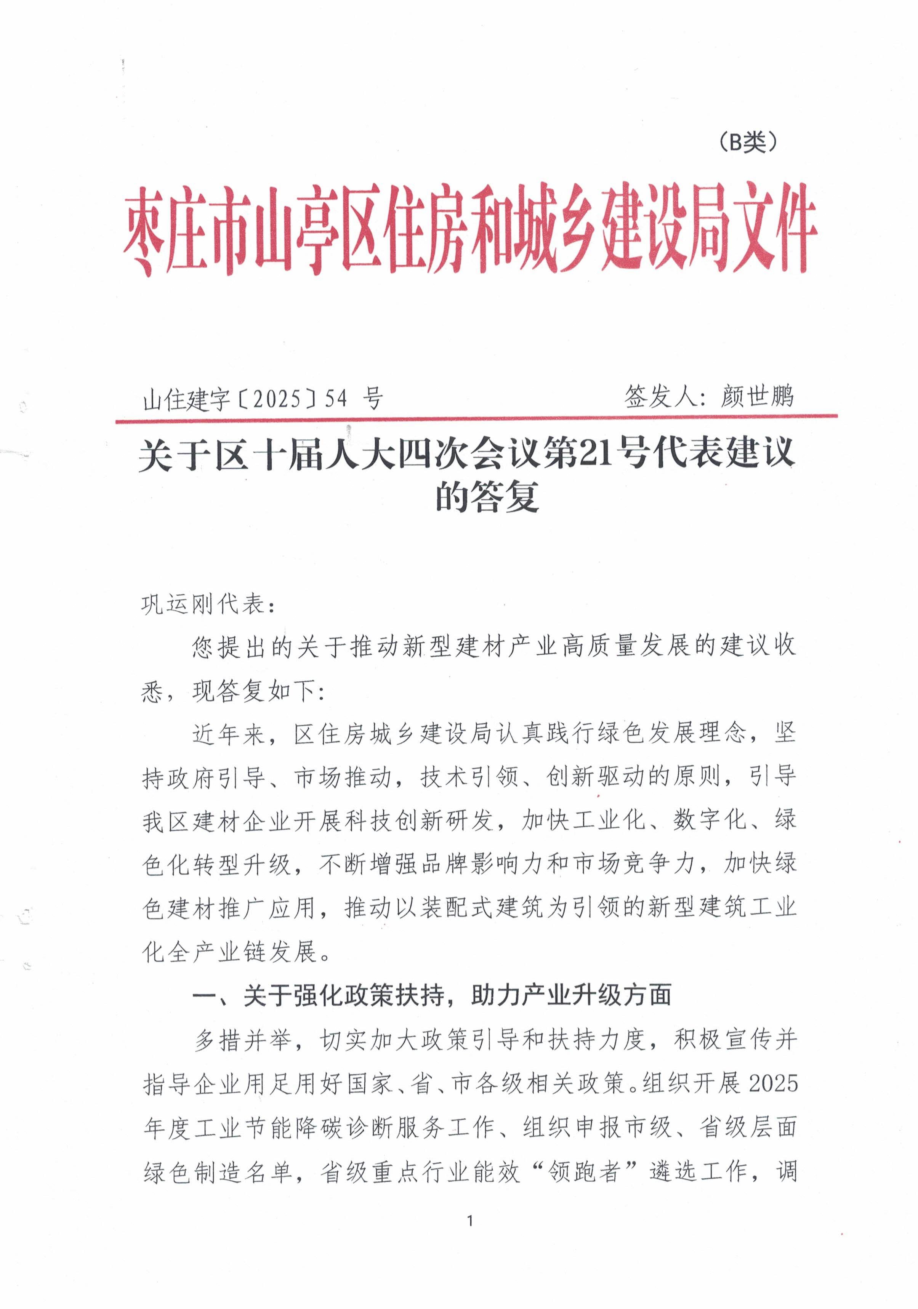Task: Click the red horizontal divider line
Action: point(476,419)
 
